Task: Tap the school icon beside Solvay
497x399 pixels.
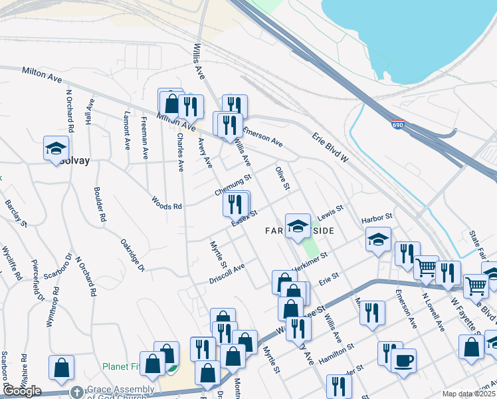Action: tap(56, 148)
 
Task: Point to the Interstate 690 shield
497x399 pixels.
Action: tap(397, 125)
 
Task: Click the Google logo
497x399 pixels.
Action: tap(22, 391)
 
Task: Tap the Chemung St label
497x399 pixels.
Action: tap(233, 185)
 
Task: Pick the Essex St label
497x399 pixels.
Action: tap(244, 217)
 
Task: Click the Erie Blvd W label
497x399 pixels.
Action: tap(330, 147)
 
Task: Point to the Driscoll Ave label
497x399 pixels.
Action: tap(227, 271)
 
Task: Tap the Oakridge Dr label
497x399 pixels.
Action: tap(133, 255)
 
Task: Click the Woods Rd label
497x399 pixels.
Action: tap(166, 202)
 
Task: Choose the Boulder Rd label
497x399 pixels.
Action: tap(100, 203)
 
